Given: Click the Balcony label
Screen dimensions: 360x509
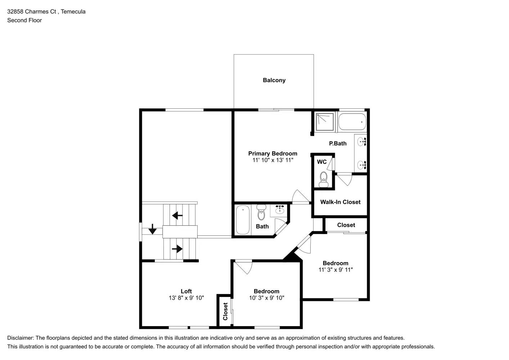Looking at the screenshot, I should (x=274, y=80).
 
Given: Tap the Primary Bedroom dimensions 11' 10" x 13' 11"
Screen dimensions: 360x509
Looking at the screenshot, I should (x=272, y=160).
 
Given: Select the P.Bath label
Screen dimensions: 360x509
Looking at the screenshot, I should (x=338, y=143).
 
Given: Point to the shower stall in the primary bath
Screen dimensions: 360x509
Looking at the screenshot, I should (x=325, y=122).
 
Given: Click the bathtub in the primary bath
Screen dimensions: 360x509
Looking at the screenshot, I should (x=352, y=122).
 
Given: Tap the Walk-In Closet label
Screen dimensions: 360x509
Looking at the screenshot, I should (x=340, y=202).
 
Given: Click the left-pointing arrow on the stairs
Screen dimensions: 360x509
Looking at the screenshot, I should (x=177, y=216).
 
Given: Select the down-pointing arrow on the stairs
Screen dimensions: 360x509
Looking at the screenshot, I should (x=152, y=229).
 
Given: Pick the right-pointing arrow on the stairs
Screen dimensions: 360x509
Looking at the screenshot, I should (x=177, y=249).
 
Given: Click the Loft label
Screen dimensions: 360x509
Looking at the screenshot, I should (x=186, y=291).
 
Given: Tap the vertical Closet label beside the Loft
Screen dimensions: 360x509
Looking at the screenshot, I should (x=225, y=311).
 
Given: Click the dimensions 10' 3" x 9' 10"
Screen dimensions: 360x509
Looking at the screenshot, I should (x=266, y=298).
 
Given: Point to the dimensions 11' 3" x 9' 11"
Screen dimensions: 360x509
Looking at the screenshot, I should (x=335, y=270).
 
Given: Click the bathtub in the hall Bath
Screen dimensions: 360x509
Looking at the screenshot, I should (x=243, y=220).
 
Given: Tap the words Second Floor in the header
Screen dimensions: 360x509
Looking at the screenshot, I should (x=24, y=20).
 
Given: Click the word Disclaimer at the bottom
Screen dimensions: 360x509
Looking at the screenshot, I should (x=20, y=338).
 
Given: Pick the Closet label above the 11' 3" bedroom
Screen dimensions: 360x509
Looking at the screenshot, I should (x=346, y=225).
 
